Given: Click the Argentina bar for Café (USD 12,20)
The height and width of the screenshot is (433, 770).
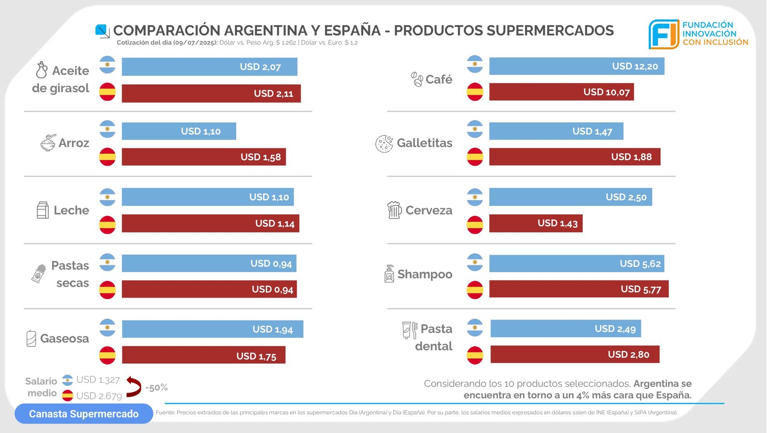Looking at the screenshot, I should coord(577,66).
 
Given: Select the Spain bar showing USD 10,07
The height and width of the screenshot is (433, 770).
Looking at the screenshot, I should coord(561,92).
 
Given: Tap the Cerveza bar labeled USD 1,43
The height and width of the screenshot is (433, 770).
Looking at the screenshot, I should coord(536,223).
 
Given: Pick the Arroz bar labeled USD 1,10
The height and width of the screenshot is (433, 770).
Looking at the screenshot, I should coord(179,131).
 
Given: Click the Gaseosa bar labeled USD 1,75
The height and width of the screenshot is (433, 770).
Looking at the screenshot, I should coord(204,356).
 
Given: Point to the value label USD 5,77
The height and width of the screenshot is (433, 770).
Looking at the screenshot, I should coord(641,289).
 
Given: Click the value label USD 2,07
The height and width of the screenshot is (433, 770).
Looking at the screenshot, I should coord(260,67).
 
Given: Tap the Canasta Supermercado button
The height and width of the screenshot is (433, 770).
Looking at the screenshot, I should coord(84,414).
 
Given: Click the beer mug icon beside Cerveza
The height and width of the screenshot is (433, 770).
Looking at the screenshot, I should coord(394,210).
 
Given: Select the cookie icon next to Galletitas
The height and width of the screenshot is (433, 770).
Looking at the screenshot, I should coord(384,143).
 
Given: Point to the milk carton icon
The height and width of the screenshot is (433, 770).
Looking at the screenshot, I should coord(43,210).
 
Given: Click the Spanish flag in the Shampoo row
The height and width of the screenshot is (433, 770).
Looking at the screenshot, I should coord(475,290).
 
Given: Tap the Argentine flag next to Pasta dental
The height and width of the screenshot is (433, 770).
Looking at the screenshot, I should coord(475,328).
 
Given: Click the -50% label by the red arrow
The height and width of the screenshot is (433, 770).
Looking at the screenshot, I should coord(156,387).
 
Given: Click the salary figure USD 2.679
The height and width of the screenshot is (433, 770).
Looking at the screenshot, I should coord(99,396).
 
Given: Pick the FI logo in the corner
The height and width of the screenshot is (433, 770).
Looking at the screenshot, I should coord(664,34).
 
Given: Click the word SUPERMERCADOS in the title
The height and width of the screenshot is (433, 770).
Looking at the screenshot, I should coord(550,30).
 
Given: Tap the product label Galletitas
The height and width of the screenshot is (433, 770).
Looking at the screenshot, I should coord(424,143).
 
